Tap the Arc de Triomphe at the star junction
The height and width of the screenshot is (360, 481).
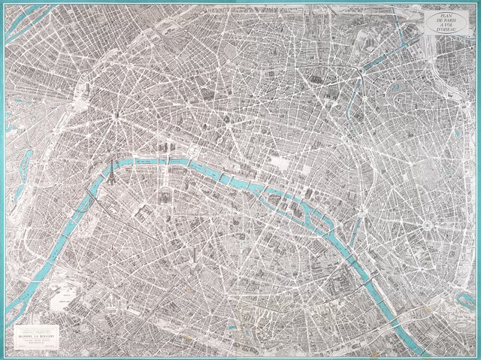tap(117, 115)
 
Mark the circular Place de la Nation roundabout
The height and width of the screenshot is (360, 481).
tap(426, 225)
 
